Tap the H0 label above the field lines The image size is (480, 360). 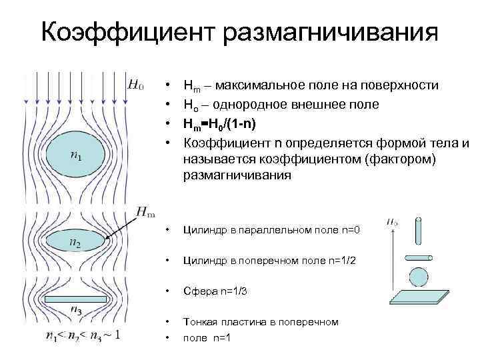(x=135, y=85)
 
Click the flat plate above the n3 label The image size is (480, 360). (x=77, y=299)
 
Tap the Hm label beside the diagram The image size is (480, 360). (x=147, y=212)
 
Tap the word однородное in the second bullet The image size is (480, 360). (x=253, y=105)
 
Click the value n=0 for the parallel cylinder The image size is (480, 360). (x=347, y=230)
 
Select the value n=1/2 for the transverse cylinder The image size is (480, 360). (x=341, y=261)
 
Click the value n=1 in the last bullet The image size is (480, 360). (x=219, y=337)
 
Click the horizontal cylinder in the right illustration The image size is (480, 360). (x=419, y=257)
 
